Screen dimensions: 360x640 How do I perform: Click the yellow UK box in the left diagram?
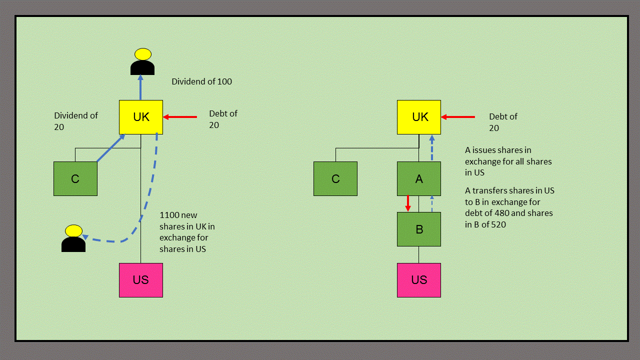point(141,117)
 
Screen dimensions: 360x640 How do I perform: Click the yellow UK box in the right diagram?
point(419,117)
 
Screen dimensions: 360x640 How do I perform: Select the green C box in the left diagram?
point(75,178)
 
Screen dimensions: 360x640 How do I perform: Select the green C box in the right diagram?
point(335,178)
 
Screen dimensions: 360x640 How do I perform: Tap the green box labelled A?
point(419,178)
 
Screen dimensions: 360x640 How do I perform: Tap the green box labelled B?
point(419,229)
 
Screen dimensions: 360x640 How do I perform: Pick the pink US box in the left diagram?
point(141,280)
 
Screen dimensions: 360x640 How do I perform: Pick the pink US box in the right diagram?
point(419,280)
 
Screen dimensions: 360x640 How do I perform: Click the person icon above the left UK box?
point(142,62)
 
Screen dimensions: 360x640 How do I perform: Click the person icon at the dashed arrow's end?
point(73,238)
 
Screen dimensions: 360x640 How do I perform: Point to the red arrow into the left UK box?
point(180,117)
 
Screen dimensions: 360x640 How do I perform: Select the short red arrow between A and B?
point(408,203)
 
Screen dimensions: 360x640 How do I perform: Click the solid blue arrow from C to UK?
point(110,148)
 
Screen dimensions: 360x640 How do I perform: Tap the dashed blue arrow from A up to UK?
point(431,148)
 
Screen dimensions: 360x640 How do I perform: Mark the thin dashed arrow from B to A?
point(432,204)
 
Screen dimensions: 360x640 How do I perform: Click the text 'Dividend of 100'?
point(201,81)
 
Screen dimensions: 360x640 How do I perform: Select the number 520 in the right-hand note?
point(498,225)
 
